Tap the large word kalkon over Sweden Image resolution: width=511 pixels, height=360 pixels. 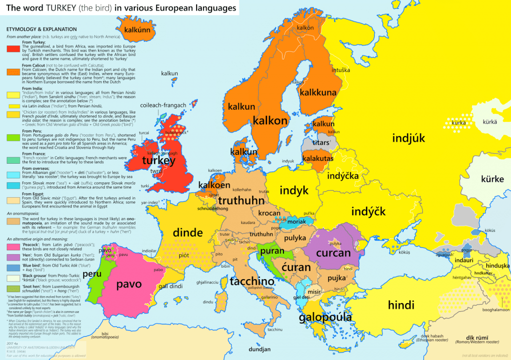(x=270, y=121)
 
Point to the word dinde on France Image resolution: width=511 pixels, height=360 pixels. (x=188, y=232)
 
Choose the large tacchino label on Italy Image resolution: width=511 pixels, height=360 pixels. (x=253, y=282)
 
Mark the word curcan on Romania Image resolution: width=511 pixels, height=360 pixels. (x=334, y=253)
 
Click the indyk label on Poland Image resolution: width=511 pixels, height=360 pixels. (x=294, y=190)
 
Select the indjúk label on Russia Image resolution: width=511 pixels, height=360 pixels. (x=408, y=138)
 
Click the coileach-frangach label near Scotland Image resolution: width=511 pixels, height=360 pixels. (x=163, y=105)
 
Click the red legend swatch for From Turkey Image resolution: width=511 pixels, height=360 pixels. (x=13, y=49)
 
